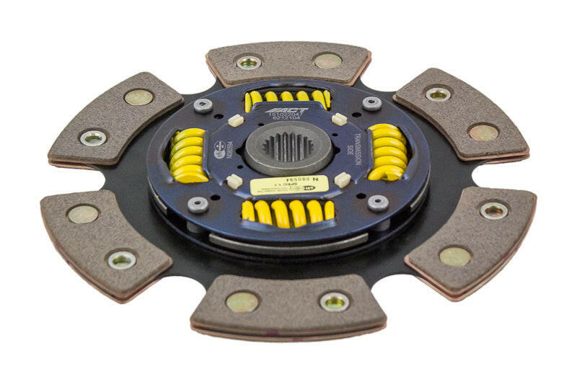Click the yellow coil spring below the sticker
tap(288, 211)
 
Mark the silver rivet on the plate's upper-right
tap(371, 103)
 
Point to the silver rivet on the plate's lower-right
tap(377, 202)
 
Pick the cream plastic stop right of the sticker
tap(343, 179)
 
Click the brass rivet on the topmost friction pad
tap(327, 61)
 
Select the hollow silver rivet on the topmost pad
tap(248, 62)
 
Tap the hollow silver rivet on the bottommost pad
tap(334, 301)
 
